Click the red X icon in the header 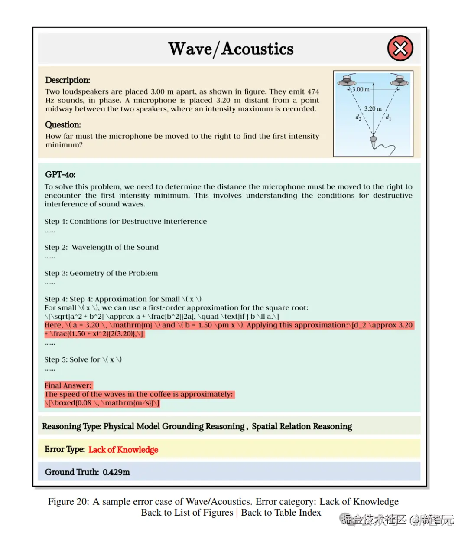[x=400, y=48]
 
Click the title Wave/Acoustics [x=231, y=49]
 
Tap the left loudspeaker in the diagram [x=347, y=80]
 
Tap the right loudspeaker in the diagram [x=399, y=80]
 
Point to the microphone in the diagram [x=373, y=140]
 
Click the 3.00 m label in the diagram [x=361, y=89]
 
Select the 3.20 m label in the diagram [x=373, y=108]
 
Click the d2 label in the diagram [x=358, y=117]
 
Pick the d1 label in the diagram [x=388, y=117]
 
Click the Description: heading [x=68, y=80]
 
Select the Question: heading [x=63, y=125]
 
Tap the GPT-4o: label [x=60, y=175]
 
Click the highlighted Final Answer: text [x=68, y=385]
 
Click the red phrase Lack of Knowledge [x=123, y=450]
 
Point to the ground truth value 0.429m [x=116, y=472]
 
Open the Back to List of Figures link [x=187, y=513]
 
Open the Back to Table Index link [x=281, y=513]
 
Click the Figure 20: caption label [x=68, y=502]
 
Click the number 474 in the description [x=313, y=92]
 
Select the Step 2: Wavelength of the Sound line [x=101, y=247]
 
